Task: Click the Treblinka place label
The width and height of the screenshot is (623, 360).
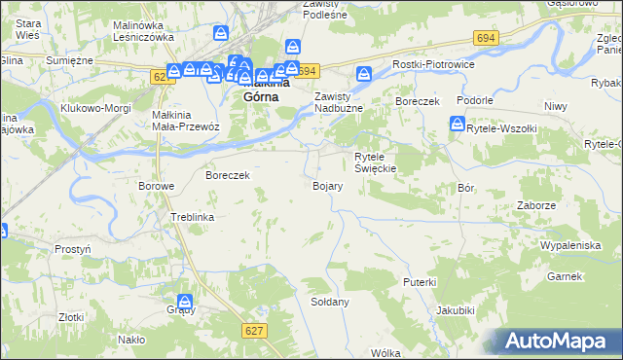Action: pos(192,217)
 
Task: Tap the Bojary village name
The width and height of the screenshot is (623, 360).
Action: pos(326,185)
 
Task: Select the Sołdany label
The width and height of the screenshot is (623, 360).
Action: pos(329,302)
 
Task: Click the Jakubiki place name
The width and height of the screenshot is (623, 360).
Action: pos(456,310)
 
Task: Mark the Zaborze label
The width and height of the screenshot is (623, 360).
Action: pos(537,205)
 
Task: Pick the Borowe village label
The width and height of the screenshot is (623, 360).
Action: pos(156,185)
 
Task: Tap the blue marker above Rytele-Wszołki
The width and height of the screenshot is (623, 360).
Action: pos(457,124)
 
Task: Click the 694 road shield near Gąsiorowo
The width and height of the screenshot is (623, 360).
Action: pos(487,37)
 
